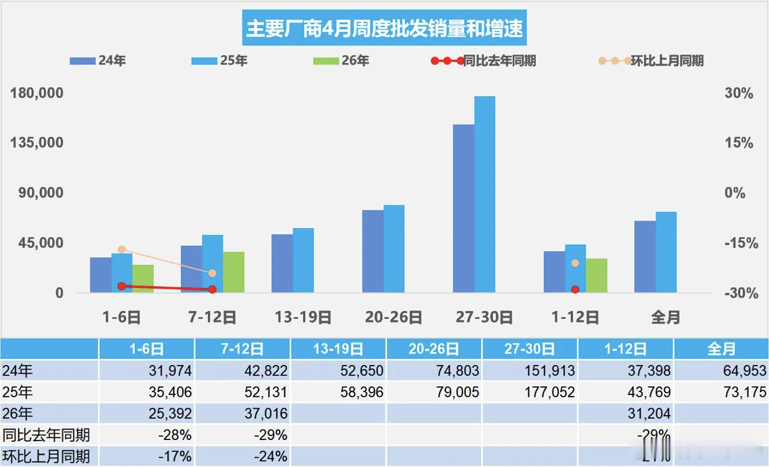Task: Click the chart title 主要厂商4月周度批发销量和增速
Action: [384, 28]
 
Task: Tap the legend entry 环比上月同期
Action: [651, 60]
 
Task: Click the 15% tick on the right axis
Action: [738, 143]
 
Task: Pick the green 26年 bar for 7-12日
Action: [234, 272]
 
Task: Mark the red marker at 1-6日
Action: [122, 286]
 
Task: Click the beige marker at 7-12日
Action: [212, 274]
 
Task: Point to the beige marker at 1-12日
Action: [575, 263]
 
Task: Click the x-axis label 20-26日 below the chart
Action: [393, 317]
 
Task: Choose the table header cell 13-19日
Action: [338, 349]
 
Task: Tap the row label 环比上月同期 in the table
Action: [46, 457]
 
